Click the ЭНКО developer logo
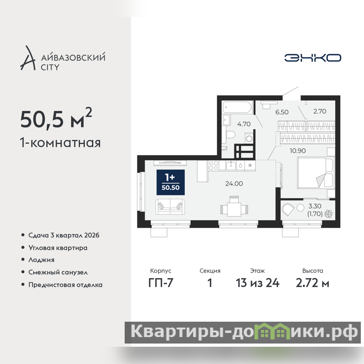click(313, 58)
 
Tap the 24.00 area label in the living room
click(234, 184)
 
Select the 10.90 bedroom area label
click(298, 151)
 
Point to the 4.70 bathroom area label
click(244, 124)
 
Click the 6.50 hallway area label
click(282, 112)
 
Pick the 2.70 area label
click(320, 111)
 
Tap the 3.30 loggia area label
click(315, 206)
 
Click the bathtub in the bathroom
click(237, 107)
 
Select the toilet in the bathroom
click(230, 134)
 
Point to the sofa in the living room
click(170, 207)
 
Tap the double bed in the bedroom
click(315, 173)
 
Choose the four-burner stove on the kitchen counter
click(213, 166)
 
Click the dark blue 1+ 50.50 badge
click(171, 182)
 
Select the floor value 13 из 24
click(258, 283)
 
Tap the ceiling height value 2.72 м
click(313, 283)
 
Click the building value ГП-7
click(161, 283)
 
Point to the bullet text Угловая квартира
click(58, 248)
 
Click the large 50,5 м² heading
click(56, 118)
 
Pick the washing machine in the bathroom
click(249, 138)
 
